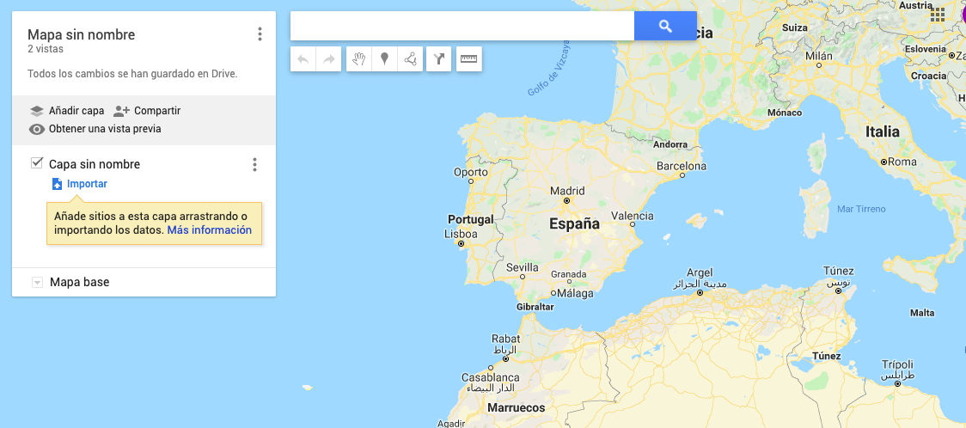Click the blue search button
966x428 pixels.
coord(665,26)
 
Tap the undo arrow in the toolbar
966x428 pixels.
coord(303,59)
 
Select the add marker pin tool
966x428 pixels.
coord(384,59)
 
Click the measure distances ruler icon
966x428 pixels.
coord(468,59)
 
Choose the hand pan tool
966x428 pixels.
coord(359,59)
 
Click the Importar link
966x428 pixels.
coord(87,184)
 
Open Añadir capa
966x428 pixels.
coord(67,111)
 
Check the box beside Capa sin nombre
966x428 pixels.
coord(37,163)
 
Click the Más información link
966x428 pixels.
coord(209,230)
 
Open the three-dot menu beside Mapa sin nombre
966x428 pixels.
coord(260,34)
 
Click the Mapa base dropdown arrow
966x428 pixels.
coord(37,282)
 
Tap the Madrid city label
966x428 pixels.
coord(566,191)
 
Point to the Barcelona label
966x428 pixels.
coord(681,166)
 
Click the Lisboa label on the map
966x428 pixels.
coord(461,234)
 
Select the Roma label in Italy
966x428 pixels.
coord(902,162)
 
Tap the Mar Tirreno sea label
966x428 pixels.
coord(861,209)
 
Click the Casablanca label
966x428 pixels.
coord(490,377)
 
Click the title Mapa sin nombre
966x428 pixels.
coord(81,35)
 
